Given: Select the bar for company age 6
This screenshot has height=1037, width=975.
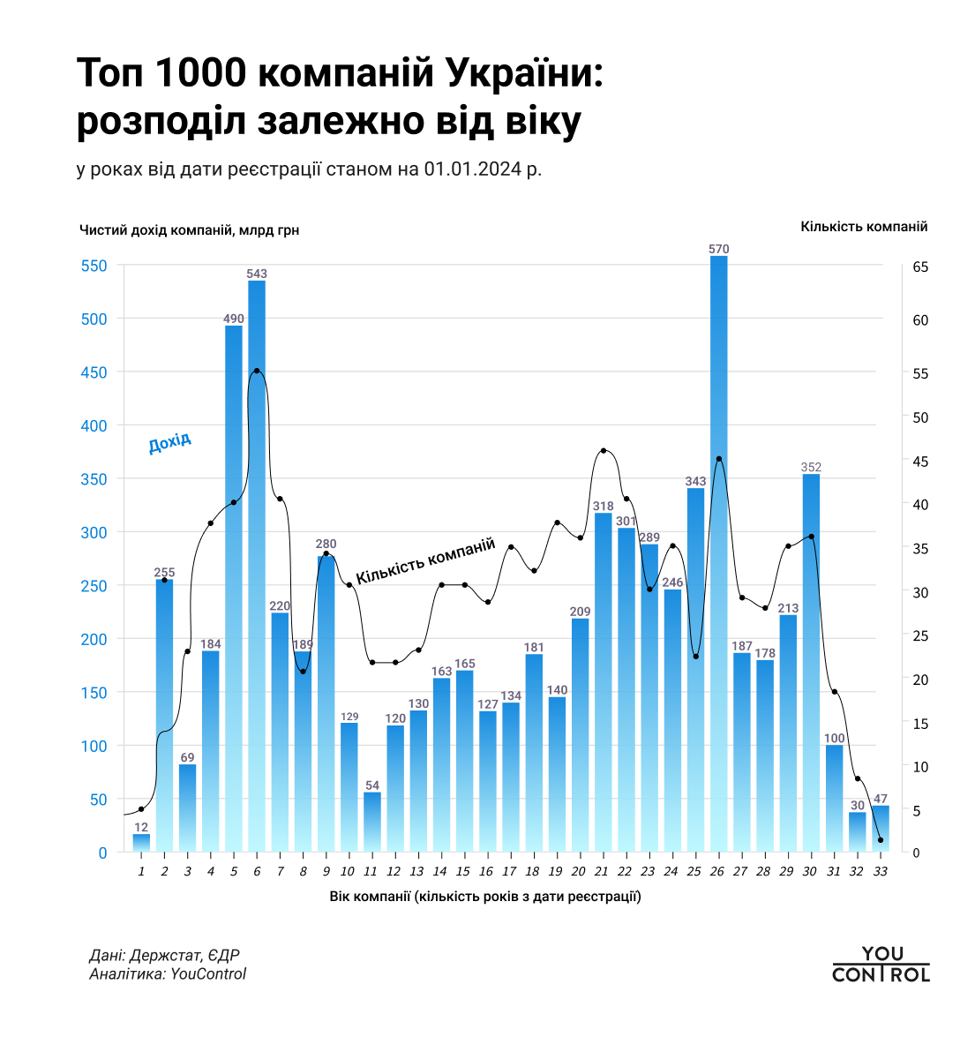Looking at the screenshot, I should click(257, 565).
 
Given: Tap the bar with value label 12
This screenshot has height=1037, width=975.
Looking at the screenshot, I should click(141, 842).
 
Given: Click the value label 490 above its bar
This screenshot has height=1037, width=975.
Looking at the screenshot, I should click(234, 319).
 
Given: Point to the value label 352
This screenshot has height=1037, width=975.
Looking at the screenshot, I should click(811, 467).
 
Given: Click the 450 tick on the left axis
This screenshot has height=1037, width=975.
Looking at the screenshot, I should click(94, 372).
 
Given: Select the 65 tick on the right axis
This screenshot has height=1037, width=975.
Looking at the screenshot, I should click(920, 267).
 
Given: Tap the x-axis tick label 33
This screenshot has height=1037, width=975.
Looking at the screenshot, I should click(880, 871).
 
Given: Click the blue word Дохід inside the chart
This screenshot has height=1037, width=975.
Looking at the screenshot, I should click(169, 443).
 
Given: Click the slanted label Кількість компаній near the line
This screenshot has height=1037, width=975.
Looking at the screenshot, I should click(425, 562).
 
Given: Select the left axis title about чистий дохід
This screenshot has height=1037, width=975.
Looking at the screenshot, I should click(189, 230).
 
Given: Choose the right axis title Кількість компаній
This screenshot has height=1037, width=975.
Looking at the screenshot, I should click(864, 227).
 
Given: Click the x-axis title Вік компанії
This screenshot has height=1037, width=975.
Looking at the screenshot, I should click(485, 898).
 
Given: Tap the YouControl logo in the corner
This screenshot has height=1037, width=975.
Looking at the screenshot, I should click(881, 965).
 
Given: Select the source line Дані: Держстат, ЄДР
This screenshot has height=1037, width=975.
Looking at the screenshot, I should click(164, 956).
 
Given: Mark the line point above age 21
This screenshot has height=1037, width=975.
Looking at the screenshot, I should click(604, 451).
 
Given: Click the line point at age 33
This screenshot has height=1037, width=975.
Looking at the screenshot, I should click(881, 840).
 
